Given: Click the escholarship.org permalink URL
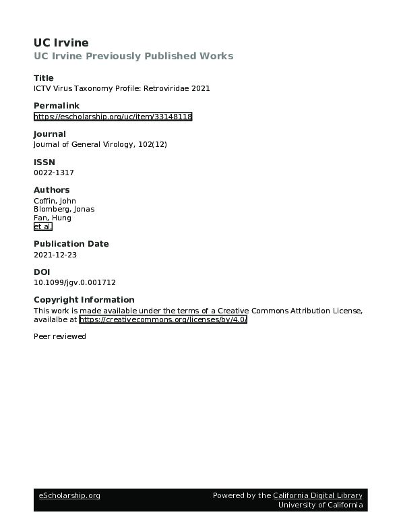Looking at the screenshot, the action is point(113,117).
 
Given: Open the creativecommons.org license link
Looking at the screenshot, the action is point(163,319).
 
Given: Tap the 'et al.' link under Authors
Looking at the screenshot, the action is point(42,227).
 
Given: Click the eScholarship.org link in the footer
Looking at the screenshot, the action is point(69,495).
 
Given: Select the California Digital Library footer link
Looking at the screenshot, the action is point(317,495).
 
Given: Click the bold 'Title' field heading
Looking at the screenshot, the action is point(43,78).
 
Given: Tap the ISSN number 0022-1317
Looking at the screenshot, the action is point(53,173).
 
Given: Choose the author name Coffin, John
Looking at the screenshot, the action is point(55,201).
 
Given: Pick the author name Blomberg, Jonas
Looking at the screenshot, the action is point(64,209).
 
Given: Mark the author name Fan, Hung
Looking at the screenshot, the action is point(52,218).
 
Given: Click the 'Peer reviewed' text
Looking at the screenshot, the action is point(59,336).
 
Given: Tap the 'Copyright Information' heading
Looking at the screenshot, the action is point(84,300).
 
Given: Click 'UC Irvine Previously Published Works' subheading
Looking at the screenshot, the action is point(133,56).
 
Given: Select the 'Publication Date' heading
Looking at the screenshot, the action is point(71,244).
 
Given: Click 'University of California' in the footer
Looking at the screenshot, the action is point(320,505).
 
